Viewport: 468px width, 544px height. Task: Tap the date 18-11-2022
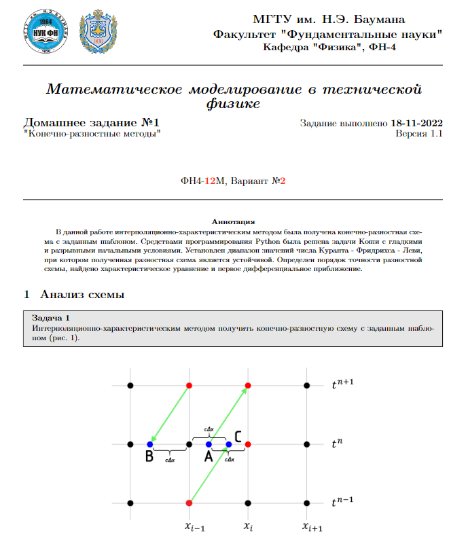(x=417, y=123)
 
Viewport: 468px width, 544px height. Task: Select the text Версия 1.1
(x=419, y=134)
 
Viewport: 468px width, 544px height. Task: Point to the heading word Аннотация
(x=233, y=221)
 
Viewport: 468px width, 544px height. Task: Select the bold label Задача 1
(x=51, y=317)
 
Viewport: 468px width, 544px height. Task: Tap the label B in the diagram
(x=149, y=457)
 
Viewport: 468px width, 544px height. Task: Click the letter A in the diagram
(x=209, y=457)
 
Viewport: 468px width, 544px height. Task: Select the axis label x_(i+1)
(x=312, y=526)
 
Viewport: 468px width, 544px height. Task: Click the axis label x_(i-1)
(x=196, y=526)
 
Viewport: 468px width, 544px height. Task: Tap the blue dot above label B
(x=149, y=444)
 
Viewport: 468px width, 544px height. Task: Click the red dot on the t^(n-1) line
(x=190, y=503)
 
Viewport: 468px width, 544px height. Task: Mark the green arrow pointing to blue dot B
(x=170, y=414)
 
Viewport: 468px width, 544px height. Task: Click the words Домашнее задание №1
(x=92, y=123)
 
